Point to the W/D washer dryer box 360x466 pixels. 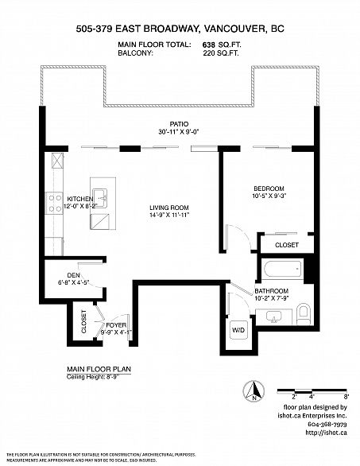[238, 328]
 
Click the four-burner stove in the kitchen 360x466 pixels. [55, 204]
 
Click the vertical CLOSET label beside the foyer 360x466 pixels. [83, 322]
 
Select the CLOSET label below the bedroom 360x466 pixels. [286, 246]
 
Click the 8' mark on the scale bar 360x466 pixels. [346, 395]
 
